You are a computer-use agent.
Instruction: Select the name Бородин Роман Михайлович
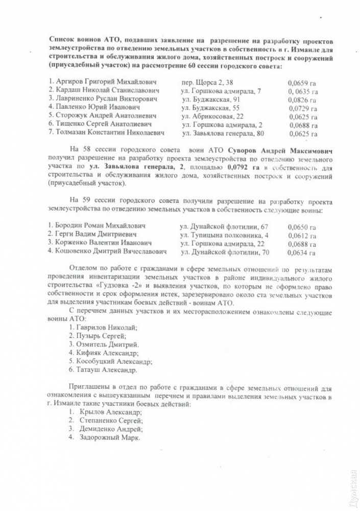102,225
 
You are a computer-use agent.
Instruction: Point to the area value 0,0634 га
301,252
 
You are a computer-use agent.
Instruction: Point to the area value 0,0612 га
301,235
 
